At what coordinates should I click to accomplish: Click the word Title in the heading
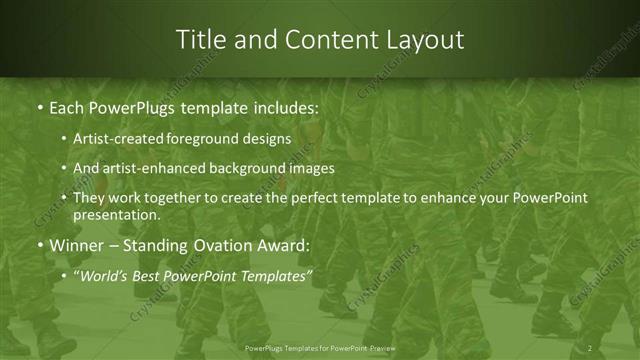click(200, 40)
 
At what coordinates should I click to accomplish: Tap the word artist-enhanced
click(151, 168)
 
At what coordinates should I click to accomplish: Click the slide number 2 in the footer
click(590, 347)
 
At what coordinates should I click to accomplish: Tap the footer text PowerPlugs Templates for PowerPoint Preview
click(320, 347)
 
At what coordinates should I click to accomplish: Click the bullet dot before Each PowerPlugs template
click(39, 106)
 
